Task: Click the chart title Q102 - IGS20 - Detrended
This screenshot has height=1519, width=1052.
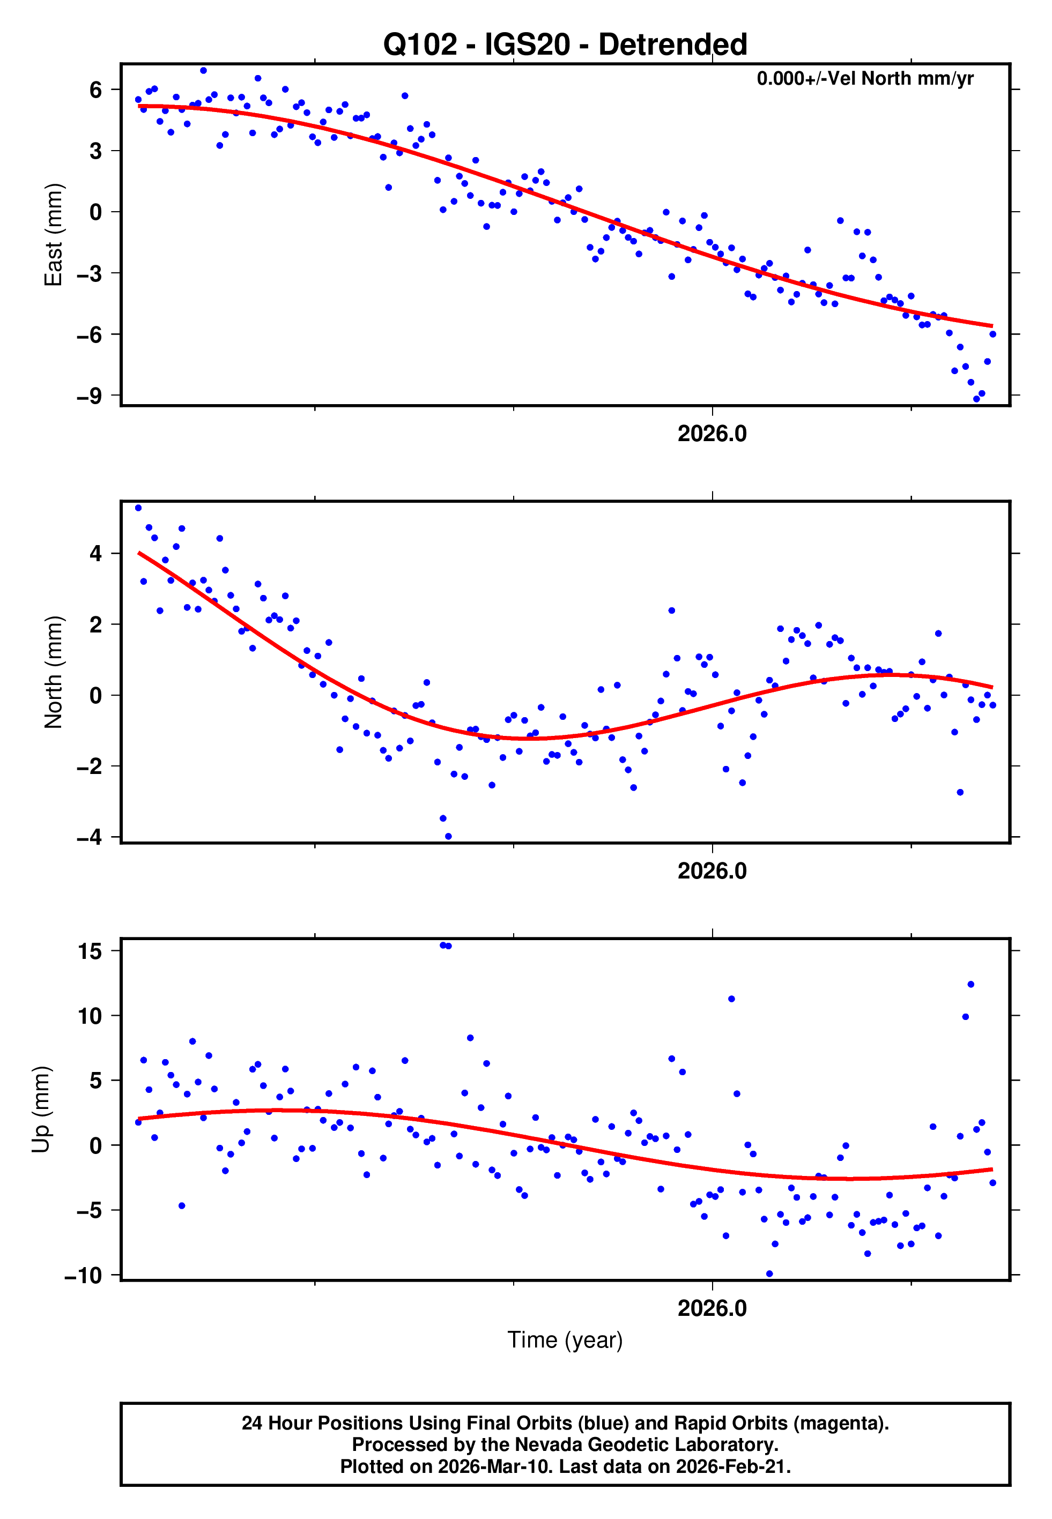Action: (565, 45)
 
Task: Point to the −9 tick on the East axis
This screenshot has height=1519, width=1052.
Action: (90, 396)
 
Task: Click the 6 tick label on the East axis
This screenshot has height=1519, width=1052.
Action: (95, 90)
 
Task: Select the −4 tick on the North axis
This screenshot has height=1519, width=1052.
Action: (90, 838)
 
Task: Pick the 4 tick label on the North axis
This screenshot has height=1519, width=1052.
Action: (95, 553)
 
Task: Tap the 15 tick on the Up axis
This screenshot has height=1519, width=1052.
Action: (90, 951)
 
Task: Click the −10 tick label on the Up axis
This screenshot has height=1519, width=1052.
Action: (84, 1276)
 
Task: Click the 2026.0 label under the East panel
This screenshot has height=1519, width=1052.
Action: (712, 434)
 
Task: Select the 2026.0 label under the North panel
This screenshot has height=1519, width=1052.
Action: (712, 872)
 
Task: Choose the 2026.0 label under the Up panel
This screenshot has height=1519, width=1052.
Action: (712, 1309)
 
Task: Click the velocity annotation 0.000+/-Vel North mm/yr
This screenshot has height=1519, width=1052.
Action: (865, 79)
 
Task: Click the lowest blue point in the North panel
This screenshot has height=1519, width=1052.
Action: (448, 837)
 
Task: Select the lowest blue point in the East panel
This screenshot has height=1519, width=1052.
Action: (976, 399)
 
